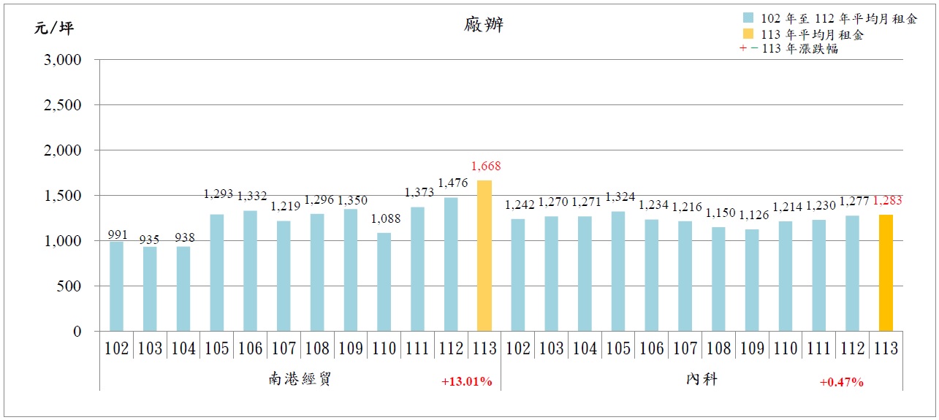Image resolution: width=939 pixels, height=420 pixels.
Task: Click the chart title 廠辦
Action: point(483,26)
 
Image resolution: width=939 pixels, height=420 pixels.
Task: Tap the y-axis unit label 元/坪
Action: point(53,28)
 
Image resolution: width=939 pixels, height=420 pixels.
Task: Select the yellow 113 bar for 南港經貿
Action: point(484,256)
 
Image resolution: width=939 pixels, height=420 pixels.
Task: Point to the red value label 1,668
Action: point(486,167)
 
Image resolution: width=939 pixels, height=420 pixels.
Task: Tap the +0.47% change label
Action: point(842,381)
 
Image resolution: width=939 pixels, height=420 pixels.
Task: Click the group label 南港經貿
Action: point(300,380)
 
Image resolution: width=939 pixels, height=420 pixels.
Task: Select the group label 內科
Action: point(702,380)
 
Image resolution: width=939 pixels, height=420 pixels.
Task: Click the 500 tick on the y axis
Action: point(72,286)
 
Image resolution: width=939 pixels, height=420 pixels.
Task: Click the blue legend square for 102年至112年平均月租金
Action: point(748,18)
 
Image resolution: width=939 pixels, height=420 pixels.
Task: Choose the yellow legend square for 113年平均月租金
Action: point(748,34)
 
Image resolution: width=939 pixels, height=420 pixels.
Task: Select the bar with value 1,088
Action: point(384,282)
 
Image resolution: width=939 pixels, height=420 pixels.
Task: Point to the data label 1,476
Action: point(452,183)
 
